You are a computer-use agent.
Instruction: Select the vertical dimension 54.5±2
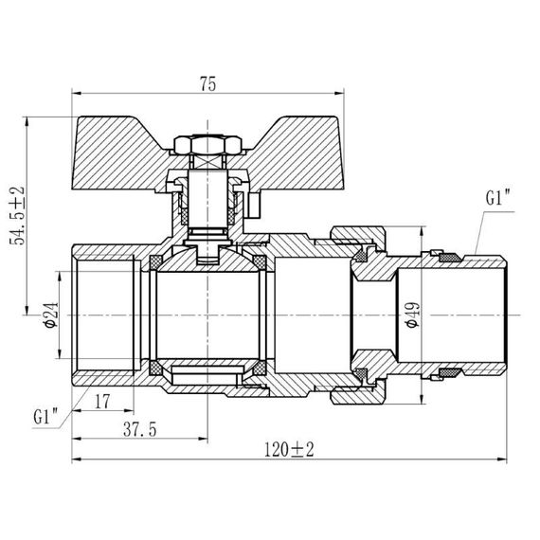pos(16,216)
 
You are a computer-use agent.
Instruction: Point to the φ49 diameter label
pos(409,315)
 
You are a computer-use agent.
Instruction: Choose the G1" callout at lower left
pos(45,416)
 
